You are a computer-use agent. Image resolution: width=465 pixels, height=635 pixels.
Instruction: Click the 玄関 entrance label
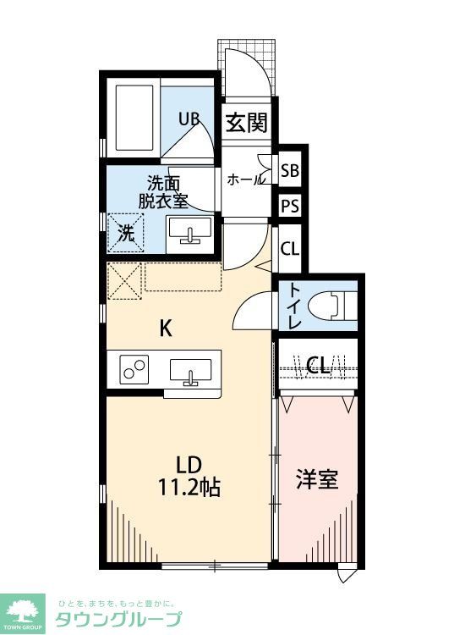click(x=247, y=124)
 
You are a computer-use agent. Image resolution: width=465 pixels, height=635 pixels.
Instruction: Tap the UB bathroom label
click(x=188, y=119)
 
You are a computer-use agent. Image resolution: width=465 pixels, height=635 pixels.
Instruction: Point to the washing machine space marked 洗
click(x=125, y=234)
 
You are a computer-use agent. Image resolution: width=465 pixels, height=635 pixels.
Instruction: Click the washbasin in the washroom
click(x=191, y=230)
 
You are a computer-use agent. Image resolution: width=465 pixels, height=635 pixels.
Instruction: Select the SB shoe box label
click(x=290, y=171)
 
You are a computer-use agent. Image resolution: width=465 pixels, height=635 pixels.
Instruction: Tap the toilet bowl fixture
click(x=335, y=305)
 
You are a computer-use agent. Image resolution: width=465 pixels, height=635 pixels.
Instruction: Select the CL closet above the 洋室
click(x=318, y=366)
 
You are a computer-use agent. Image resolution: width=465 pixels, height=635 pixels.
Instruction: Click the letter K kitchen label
click(x=167, y=329)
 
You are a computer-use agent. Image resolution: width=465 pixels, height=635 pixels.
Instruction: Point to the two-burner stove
click(x=133, y=370)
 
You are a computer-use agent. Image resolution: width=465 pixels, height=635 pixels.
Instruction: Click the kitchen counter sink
click(x=192, y=371)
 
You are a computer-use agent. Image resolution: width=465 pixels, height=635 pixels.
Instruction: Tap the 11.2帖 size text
click(x=189, y=488)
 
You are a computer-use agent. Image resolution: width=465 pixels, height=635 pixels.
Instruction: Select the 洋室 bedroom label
click(x=316, y=479)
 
